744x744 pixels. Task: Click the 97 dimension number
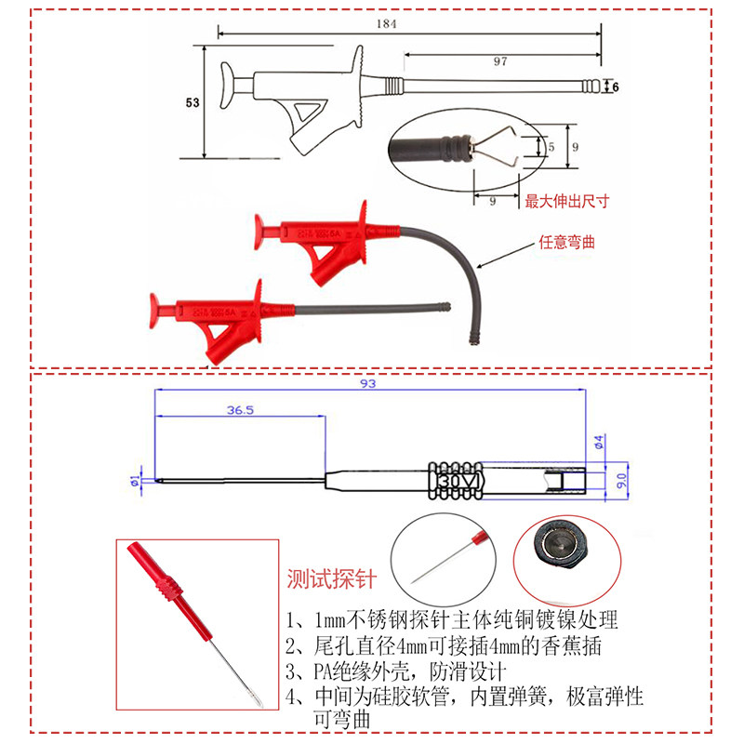click(x=499, y=60)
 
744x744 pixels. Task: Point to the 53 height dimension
click(x=193, y=103)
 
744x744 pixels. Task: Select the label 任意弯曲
click(x=566, y=243)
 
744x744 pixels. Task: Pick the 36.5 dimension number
click(x=240, y=410)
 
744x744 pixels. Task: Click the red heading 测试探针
click(x=331, y=580)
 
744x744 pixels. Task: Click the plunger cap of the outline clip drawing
click(x=226, y=86)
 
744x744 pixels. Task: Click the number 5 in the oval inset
click(x=551, y=147)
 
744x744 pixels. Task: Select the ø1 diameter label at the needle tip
click(x=135, y=480)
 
